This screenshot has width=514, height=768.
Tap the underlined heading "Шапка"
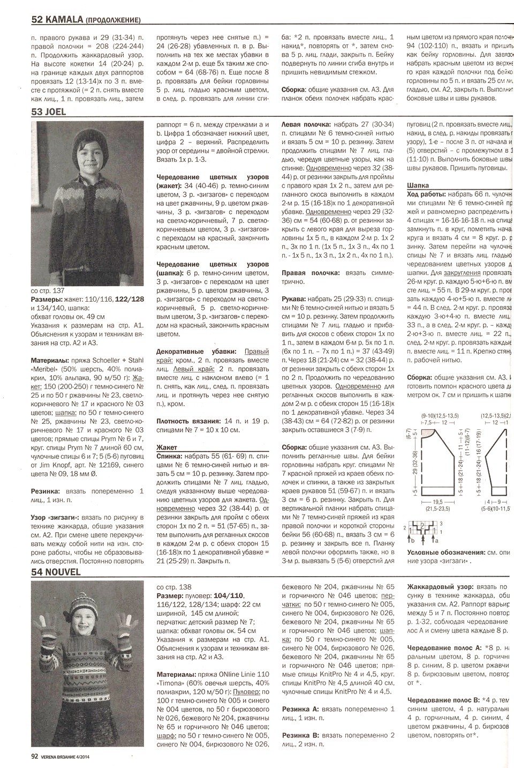[418, 185]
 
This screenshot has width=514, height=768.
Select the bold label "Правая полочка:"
[308, 273]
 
